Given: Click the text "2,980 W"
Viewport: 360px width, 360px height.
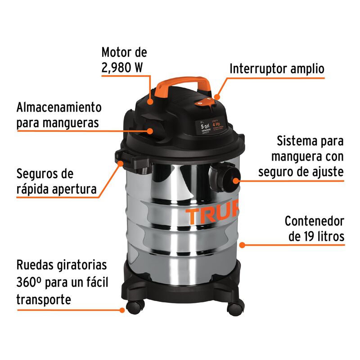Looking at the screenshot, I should point(122,68).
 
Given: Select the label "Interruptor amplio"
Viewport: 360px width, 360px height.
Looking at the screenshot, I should point(277,69).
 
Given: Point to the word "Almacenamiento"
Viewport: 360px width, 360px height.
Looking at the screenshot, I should point(59,108).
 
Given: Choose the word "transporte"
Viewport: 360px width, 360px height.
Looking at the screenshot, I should point(44,299).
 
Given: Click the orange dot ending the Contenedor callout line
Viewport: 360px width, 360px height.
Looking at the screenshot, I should point(242,245).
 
